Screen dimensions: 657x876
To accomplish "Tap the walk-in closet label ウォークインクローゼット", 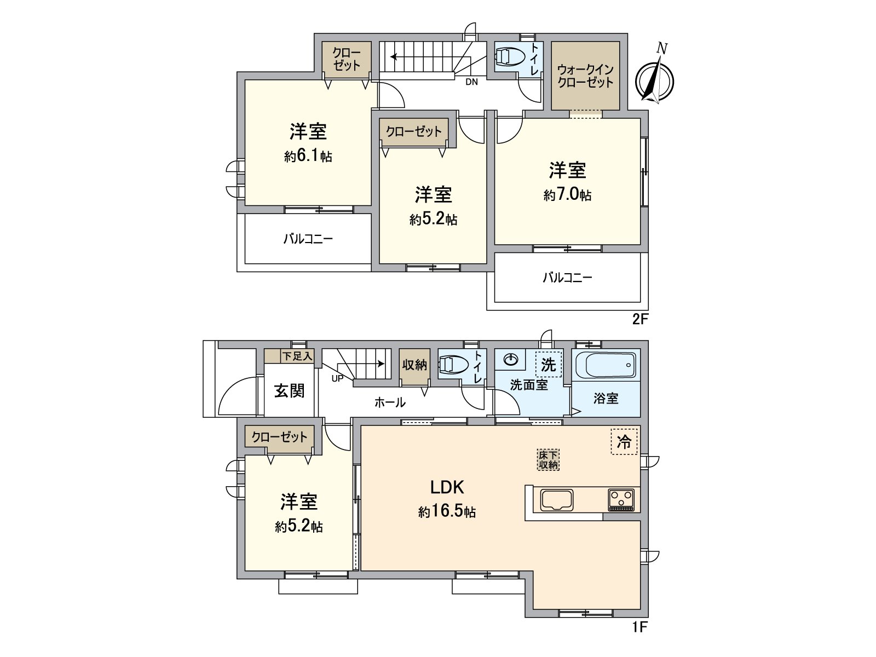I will (x=585, y=76).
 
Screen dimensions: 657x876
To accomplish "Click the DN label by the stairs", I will (x=471, y=83).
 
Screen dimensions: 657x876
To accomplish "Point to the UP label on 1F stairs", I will (x=337, y=378).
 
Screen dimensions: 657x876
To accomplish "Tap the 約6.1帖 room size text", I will (x=308, y=157).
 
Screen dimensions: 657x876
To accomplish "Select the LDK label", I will (x=447, y=487).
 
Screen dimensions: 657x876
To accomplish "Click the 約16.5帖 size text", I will (x=447, y=512).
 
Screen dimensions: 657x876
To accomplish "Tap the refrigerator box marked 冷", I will (x=624, y=441).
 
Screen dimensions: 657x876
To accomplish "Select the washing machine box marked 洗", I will (x=548, y=364).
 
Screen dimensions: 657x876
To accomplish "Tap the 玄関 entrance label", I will (x=289, y=391).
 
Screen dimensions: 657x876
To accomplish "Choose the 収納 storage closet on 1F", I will (x=414, y=365).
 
